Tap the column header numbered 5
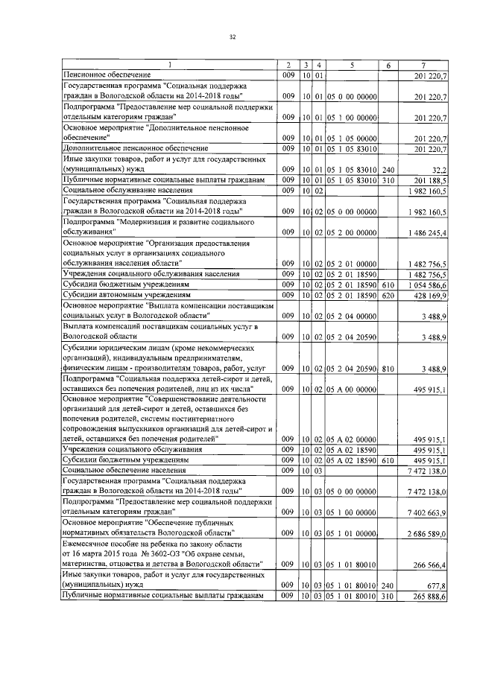(x=350, y=66)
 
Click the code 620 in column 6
(x=388, y=296)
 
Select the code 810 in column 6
(x=388, y=369)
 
